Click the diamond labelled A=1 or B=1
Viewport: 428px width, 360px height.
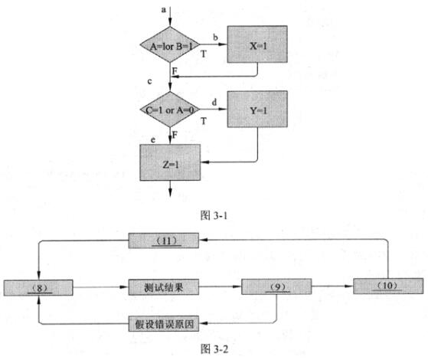pos(170,44)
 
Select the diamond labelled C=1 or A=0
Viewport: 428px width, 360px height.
pos(170,110)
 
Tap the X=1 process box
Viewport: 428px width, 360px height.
pos(257,44)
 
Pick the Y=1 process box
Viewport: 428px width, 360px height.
pos(257,110)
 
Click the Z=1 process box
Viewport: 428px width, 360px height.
pos(170,162)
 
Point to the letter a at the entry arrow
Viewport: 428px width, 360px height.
pos(164,10)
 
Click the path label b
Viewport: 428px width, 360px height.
pos(215,37)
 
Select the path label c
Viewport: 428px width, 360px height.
pos(149,81)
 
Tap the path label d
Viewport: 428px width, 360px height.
pos(214,103)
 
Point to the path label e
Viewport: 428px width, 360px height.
pos(153,140)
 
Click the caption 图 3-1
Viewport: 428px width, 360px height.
pos(214,215)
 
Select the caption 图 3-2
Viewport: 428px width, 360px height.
pos(214,349)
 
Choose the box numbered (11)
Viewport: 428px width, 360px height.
pos(164,241)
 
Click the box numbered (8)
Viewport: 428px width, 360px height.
pos(38,288)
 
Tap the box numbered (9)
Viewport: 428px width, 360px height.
pos(276,286)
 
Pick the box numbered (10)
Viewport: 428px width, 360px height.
pos(388,286)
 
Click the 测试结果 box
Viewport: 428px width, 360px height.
pos(164,287)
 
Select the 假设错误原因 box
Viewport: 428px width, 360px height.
pos(164,324)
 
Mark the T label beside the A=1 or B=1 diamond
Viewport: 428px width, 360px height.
pos(204,54)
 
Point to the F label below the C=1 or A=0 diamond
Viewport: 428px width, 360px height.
pos(175,135)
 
